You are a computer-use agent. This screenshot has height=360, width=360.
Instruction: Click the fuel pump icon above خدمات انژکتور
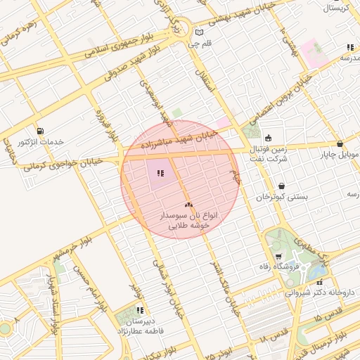(x=39, y=130)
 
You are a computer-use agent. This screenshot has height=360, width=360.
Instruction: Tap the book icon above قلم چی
(x=199, y=32)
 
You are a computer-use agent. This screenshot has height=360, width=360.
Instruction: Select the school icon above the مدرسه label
(x=349, y=47)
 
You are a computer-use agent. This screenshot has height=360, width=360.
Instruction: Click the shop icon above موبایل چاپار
(x=340, y=143)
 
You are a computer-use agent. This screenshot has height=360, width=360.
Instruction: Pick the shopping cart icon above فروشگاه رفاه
(x=279, y=256)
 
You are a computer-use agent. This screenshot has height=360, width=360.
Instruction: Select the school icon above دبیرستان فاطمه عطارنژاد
(x=140, y=309)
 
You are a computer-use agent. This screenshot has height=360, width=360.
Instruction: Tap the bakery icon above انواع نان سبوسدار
(x=188, y=205)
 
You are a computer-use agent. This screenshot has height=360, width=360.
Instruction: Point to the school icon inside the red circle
(x=160, y=174)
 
